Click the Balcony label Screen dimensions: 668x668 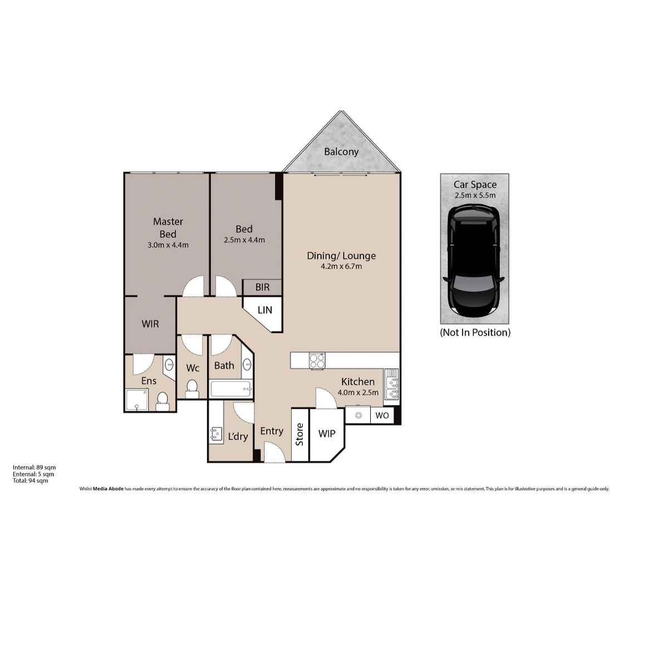coord(341,151)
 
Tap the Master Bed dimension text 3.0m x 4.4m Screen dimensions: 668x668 coord(168,244)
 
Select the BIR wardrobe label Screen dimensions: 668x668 coord(262,287)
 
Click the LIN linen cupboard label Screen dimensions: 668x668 coord(265,310)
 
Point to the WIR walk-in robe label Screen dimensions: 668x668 coord(150,323)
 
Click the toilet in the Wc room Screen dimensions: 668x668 coord(191,387)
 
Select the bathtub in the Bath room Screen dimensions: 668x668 coord(231,389)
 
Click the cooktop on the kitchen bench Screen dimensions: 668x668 coord(317,361)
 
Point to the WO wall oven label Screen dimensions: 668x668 coord(382,415)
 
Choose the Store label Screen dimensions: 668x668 coord(299,434)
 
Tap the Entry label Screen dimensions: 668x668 coord(272,431)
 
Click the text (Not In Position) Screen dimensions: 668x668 coord(475,332)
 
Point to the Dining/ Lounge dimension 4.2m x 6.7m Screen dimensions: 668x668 coord(342,267)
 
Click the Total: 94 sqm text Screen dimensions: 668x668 coord(31,480)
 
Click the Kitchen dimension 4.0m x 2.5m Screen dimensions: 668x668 coord(358,392)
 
